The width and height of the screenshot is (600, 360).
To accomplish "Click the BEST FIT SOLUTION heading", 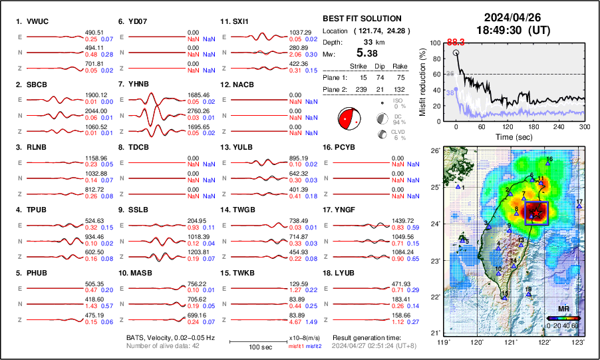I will click(361, 19).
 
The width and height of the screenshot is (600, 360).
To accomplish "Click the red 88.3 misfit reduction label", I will click(455, 41).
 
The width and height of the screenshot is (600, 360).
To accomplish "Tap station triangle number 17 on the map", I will click(579, 206).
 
